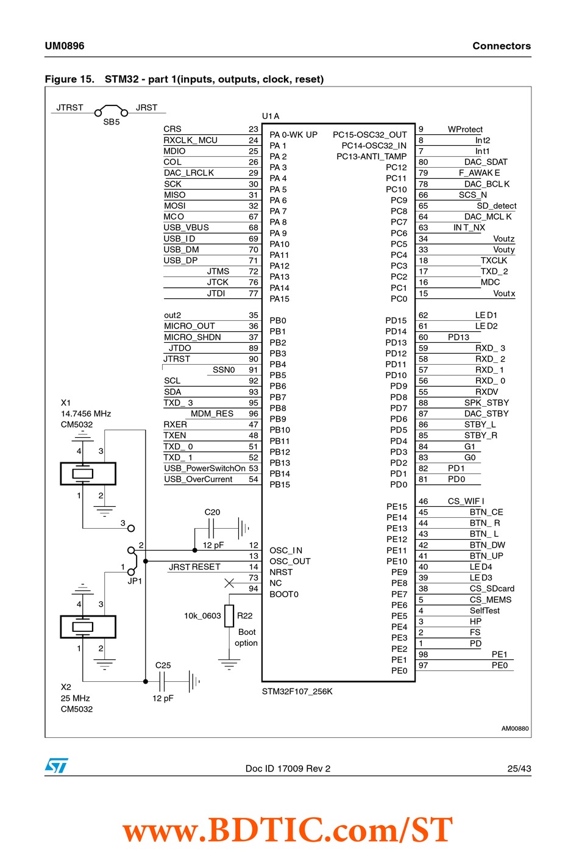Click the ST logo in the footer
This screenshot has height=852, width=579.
(57, 765)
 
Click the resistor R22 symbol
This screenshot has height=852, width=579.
(229, 616)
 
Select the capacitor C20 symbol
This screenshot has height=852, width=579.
(211, 528)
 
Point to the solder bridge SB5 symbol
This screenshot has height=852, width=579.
(111, 110)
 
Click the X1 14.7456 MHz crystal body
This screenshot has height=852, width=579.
(88, 473)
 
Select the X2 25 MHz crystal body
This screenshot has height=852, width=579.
(88, 627)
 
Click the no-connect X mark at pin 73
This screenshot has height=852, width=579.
(229, 582)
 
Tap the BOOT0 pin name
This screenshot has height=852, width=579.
(284, 594)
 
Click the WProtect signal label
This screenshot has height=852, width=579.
(465, 129)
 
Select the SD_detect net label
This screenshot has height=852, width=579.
(497, 206)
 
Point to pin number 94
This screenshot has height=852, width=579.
(253, 589)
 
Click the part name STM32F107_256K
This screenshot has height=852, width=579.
(297, 691)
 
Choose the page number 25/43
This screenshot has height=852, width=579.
(519, 768)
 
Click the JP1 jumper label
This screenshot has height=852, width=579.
(135, 581)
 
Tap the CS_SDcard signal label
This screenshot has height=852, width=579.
(492, 589)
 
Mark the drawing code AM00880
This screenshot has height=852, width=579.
(515, 728)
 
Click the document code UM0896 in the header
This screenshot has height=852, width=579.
(65, 46)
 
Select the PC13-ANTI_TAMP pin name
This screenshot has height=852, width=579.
(371, 156)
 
